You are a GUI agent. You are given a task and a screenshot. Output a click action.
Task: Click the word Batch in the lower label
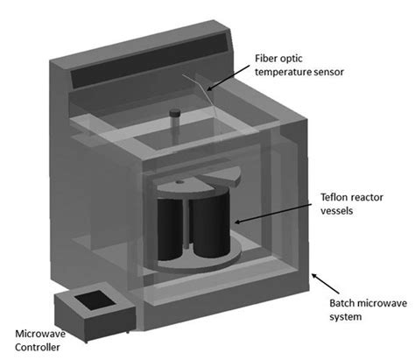[343, 303]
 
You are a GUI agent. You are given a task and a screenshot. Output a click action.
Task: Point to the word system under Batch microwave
[345, 316]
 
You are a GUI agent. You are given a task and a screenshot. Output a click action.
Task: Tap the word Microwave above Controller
[39, 334]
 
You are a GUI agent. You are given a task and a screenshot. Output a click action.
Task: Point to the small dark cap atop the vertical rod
[174, 113]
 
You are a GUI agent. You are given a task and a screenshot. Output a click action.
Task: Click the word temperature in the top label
[282, 72]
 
